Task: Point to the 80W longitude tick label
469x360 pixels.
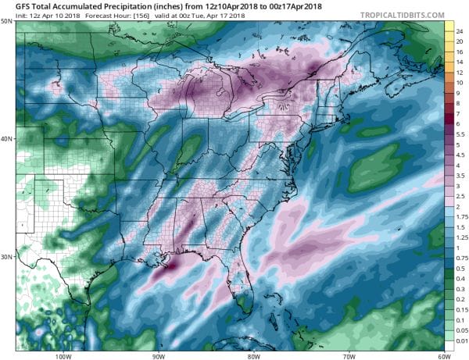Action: (x=253, y=354)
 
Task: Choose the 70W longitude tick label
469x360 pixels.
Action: (x=348, y=354)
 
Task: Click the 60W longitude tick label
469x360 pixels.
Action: (x=443, y=354)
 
